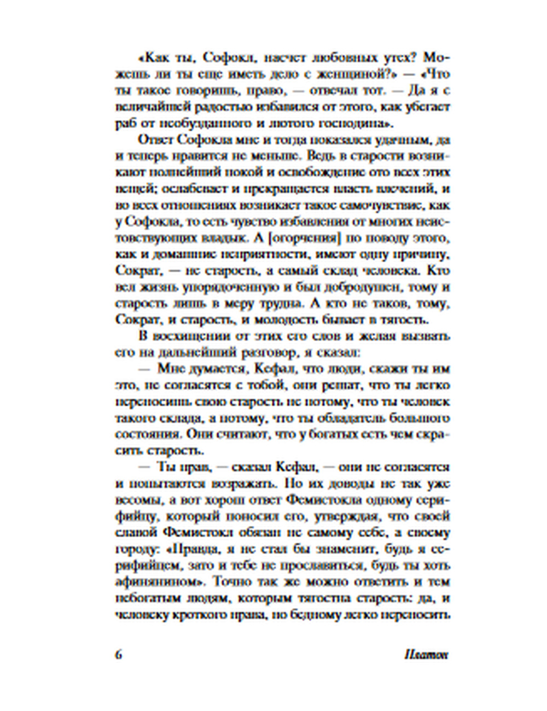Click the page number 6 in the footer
pyautogui.click(x=118, y=655)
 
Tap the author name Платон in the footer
pyautogui.click(x=426, y=655)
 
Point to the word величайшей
pyautogui.click(x=149, y=107)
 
